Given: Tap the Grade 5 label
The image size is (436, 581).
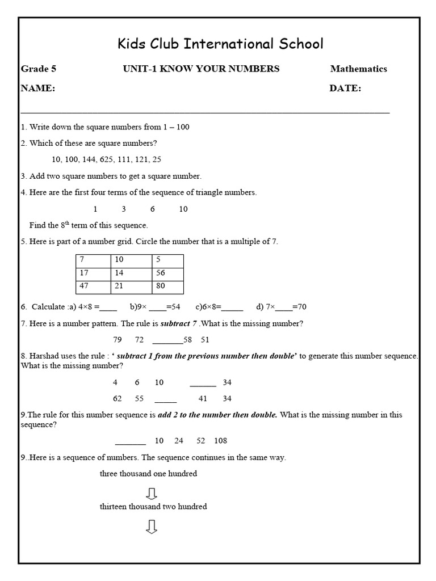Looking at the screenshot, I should (39, 69).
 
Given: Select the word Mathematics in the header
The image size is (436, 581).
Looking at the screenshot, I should (358, 69).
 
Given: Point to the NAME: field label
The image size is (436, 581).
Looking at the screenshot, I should (38, 89).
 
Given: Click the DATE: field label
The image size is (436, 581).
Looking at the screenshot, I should (345, 89).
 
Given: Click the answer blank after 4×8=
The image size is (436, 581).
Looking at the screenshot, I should (108, 308).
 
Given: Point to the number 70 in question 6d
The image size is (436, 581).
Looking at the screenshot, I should (301, 307).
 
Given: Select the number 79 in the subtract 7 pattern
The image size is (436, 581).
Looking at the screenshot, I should (118, 340).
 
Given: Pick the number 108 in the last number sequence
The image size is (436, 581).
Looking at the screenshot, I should (220, 440).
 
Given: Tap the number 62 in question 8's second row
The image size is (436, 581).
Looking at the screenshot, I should (118, 399).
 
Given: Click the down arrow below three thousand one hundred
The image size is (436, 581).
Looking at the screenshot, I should (151, 492).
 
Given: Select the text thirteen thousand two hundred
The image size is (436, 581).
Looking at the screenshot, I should (153, 506).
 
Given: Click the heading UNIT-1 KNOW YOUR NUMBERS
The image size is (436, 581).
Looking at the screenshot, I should (201, 69).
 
